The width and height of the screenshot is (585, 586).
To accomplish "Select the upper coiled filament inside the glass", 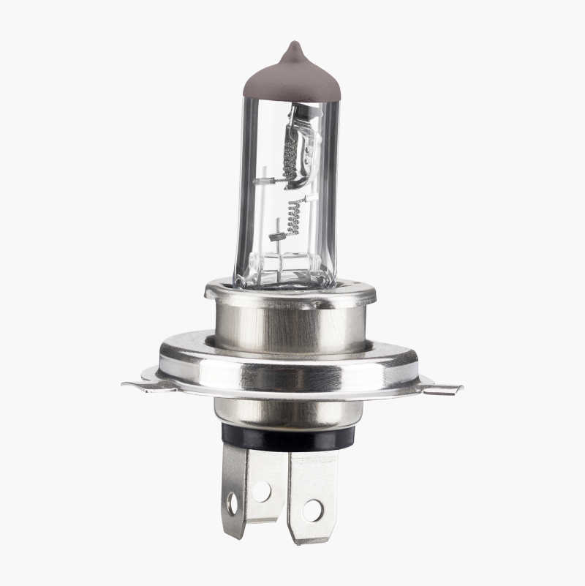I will coord(290,157).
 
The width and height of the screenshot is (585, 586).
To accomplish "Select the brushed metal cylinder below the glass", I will coord(292,326).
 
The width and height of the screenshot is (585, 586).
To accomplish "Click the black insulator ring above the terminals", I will coord(289,437).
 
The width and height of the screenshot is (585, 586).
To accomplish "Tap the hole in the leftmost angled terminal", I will coord(233,503).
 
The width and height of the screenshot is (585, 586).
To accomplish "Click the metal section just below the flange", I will coord(289,413).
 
